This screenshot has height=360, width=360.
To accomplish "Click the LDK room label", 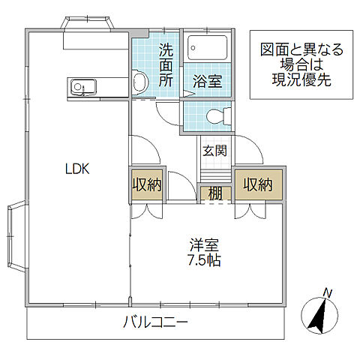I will (76, 169).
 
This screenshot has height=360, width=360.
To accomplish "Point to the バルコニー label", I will (156, 324).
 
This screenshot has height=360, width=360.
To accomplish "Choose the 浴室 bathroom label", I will (206, 81).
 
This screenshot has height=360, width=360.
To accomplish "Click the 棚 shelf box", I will (215, 192).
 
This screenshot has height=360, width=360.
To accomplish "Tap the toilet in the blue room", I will (217, 116).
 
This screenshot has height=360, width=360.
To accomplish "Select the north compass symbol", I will (322, 316).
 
